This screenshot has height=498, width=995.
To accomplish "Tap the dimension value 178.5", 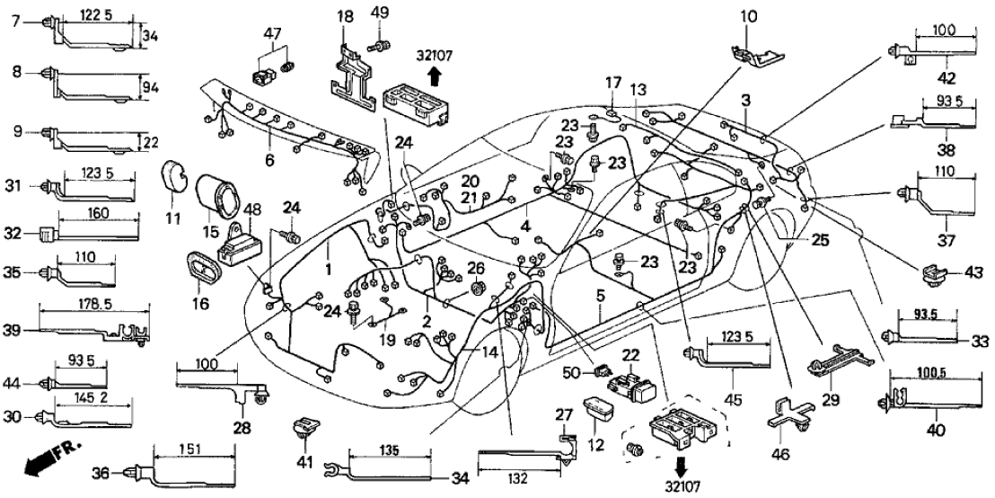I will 86,307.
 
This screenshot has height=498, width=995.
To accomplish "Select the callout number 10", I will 749,14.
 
